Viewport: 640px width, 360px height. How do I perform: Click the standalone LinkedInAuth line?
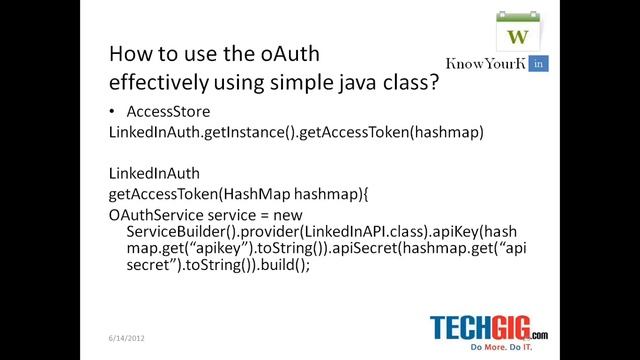146,171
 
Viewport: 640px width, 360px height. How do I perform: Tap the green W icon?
518,36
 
